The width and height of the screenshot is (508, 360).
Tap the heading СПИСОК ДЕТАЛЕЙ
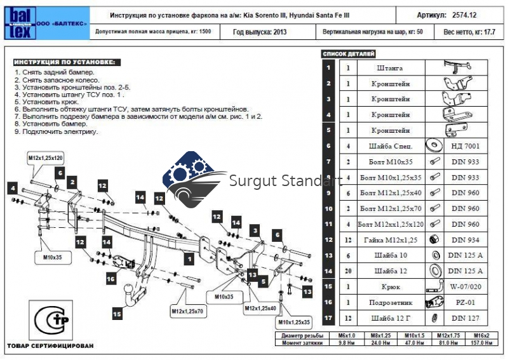(349, 54)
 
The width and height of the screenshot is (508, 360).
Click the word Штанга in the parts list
(389, 68)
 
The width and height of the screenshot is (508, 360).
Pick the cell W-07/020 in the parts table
(466, 286)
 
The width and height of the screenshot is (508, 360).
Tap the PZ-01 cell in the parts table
(466, 302)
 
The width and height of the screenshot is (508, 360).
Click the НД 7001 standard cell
(466, 146)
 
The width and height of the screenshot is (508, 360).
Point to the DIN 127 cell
(466, 317)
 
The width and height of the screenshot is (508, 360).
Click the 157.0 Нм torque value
(481, 342)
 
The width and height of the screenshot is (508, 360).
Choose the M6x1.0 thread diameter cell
(347, 335)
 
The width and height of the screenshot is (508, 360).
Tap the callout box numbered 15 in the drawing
(117, 312)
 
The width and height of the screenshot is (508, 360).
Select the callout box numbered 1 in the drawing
(189, 258)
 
